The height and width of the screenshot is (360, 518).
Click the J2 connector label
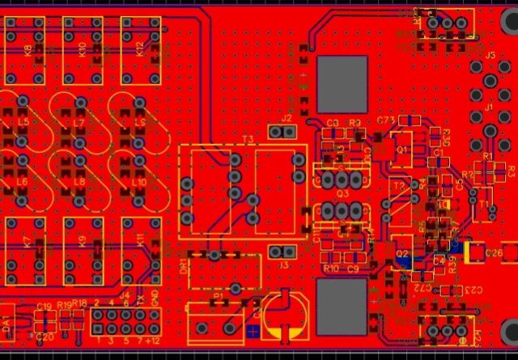point(287,118)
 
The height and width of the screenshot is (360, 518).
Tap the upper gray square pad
point(341,78)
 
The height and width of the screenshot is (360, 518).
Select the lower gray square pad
point(341,305)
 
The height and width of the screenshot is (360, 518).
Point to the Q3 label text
point(342,194)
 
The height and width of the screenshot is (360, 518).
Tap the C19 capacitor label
point(45,306)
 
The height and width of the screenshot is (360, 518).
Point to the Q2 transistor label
point(401,254)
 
